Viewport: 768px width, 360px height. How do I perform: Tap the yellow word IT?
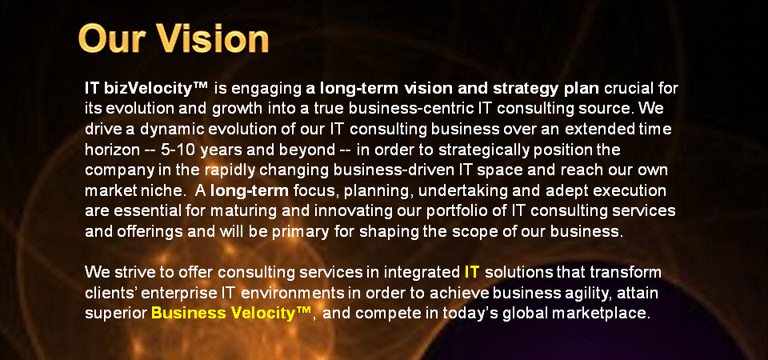pyautogui.click(x=471, y=272)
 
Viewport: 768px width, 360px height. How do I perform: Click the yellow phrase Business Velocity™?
pyautogui.click(x=230, y=313)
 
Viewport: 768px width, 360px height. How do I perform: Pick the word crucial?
pyautogui.click(x=628, y=89)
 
